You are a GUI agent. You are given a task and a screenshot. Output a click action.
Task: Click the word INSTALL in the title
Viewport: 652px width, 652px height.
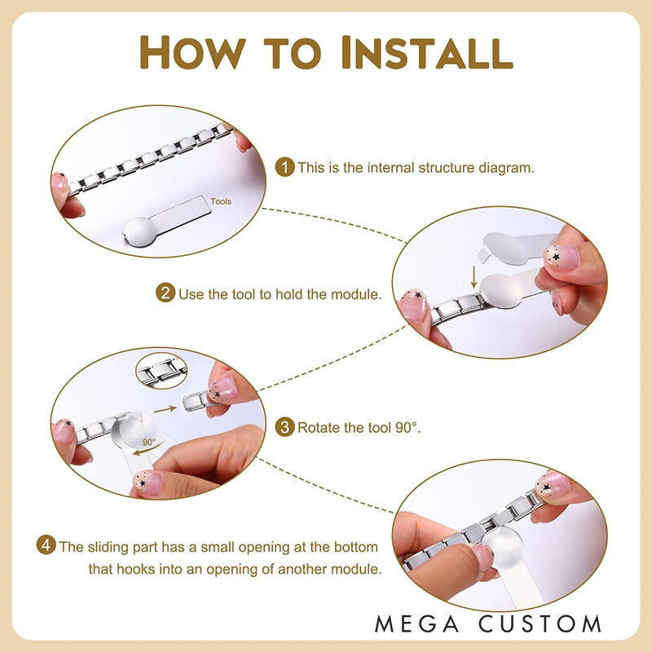coord(427,52)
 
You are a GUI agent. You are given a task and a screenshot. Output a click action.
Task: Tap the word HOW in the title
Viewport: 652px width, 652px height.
coord(192,52)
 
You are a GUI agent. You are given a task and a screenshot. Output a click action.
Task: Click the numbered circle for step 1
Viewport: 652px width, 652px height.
coord(284,167)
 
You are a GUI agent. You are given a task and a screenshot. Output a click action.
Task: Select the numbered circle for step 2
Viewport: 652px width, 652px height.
coord(165,293)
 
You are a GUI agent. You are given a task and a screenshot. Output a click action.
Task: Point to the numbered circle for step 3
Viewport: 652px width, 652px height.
coord(284,427)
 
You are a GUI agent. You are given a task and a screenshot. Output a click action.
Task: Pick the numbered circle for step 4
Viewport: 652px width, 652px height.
coord(46,544)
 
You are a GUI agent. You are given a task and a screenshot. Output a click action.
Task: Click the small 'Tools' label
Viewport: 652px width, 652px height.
coord(220,201)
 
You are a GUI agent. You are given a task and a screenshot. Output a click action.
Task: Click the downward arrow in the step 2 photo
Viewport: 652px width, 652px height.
coord(474,277)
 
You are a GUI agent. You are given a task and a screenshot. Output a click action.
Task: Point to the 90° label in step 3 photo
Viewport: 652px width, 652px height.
coord(149,442)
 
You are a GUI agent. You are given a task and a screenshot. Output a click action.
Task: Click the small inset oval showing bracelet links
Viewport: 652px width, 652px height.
coord(161,371)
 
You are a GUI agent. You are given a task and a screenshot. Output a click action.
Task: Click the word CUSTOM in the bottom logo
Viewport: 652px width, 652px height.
coord(540,624)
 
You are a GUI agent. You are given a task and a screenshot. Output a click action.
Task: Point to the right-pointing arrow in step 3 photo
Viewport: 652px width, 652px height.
coord(165,410)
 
